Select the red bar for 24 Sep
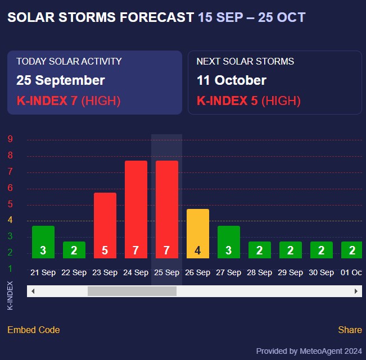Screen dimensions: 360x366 pyautogui.click(x=135, y=209)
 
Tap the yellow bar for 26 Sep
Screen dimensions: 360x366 pyautogui.click(x=197, y=233)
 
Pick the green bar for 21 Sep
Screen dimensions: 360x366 pyautogui.click(x=43, y=241)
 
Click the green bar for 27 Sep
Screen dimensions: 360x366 pyautogui.click(x=228, y=241)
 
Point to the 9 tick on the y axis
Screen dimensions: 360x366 pyautogui.click(x=10, y=140)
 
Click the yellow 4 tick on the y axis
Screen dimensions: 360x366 pyautogui.click(x=10, y=220)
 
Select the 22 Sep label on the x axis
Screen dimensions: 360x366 pyautogui.click(x=74, y=273)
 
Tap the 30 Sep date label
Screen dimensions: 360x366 pyautogui.click(x=321, y=273)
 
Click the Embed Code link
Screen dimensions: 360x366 pyautogui.click(x=34, y=330)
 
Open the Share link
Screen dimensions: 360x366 pyautogui.click(x=350, y=330)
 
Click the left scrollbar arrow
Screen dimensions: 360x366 pyautogui.click(x=33, y=291)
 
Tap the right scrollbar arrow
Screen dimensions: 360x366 pyautogui.click(x=356, y=291)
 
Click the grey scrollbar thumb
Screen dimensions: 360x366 pyautogui.click(x=132, y=291)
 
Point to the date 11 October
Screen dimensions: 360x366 pyautogui.click(x=232, y=80)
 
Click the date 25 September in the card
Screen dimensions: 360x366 pyautogui.click(x=61, y=80)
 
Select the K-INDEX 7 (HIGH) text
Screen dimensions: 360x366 pyautogui.click(x=69, y=101)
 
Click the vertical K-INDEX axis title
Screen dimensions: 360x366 pyautogui.click(x=10, y=295)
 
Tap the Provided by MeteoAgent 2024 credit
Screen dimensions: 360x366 pyautogui.click(x=309, y=351)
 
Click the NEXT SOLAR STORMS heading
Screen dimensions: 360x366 pyautogui.click(x=245, y=61)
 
